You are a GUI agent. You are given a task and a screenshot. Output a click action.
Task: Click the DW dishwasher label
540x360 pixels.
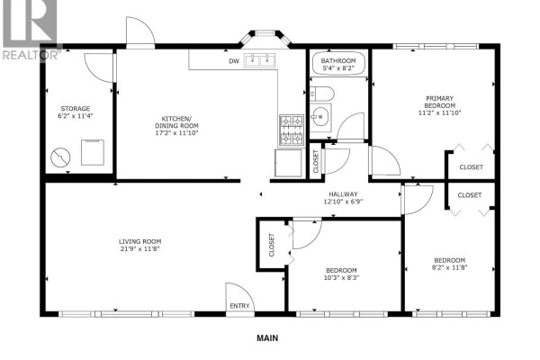[234, 61]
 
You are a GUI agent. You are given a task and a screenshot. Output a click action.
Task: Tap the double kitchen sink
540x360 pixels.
[260, 60]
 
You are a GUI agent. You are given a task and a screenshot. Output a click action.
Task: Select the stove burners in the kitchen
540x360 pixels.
[292, 130]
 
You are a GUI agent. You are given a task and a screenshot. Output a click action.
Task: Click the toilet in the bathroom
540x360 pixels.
[322, 94]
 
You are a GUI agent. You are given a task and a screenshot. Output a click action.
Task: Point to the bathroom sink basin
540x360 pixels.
[320, 117]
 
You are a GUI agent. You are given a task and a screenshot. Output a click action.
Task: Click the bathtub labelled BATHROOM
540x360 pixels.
[338, 64]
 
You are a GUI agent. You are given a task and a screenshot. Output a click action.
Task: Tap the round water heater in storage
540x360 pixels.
[60, 157]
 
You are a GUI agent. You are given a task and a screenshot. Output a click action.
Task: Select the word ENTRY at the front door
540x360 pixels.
[239, 306]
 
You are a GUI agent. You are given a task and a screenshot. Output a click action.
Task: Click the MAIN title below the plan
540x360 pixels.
[267, 338]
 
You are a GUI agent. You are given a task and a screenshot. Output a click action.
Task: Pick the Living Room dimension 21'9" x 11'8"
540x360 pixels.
[140, 248]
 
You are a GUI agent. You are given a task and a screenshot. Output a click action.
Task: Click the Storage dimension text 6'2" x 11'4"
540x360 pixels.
[76, 116]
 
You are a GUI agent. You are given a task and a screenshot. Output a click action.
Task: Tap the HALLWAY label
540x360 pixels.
[343, 194]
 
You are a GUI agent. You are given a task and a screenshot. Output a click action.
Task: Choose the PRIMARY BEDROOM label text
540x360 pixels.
[439, 102]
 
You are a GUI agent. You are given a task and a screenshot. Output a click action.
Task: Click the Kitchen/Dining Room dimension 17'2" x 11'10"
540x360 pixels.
[176, 133]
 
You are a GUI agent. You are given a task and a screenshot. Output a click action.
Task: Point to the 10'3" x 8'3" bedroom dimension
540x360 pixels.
[341, 278]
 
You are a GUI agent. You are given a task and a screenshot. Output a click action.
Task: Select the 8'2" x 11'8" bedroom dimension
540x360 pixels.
[449, 267]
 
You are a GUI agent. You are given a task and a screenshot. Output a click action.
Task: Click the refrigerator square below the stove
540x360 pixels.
[288, 163]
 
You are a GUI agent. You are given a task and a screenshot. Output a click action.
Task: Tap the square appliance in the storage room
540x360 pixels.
[93, 152]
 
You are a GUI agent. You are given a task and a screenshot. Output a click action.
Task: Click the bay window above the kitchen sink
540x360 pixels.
[265, 37]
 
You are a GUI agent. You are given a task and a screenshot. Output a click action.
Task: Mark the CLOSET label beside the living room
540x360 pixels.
[272, 245]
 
